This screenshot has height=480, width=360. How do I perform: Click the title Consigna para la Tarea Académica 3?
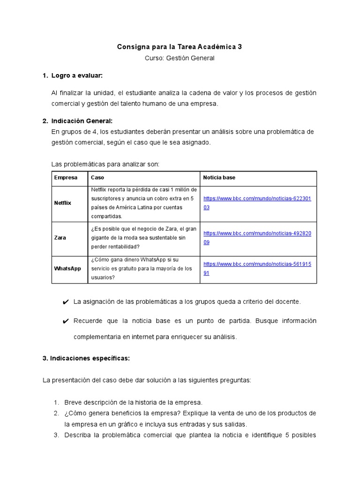click(x=180, y=47)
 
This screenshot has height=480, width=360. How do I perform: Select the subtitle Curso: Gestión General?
click(x=180, y=58)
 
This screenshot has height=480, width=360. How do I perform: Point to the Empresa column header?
click(x=66, y=178)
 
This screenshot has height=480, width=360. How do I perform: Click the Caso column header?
click(x=97, y=178)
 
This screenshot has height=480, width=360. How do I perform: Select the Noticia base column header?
click(x=219, y=178)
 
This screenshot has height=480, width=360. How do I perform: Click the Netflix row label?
click(x=63, y=203)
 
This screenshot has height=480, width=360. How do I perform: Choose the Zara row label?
click(x=60, y=238)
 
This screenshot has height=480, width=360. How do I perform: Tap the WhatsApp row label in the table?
click(x=67, y=269)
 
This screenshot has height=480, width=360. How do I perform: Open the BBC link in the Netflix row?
click(x=257, y=202)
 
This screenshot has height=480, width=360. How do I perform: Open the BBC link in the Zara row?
click(x=257, y=237)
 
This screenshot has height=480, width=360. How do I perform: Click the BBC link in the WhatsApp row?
click(x=257, y=268)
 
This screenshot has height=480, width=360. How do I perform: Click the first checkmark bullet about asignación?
click(x=65, y=302)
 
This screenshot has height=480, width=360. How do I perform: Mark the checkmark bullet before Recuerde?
click(x=65, y=321)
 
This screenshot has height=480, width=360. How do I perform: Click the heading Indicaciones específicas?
click(x=86, y=358)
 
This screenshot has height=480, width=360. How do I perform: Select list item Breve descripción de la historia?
click(x=133, y=402)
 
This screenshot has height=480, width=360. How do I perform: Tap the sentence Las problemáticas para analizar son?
click(x=105, y=164)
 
